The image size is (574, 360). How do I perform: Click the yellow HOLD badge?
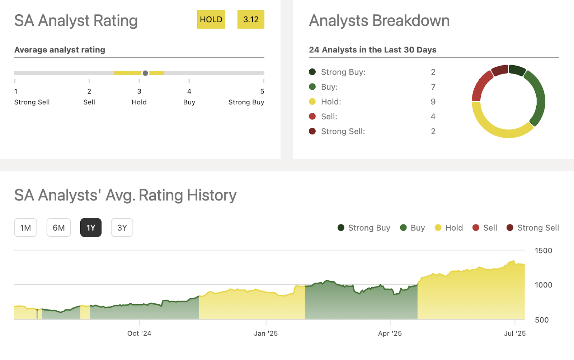click(211, 19)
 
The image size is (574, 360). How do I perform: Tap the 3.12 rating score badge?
click(251, 19)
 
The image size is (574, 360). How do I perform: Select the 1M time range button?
click(25, 228)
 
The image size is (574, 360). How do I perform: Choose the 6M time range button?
click(58, 228)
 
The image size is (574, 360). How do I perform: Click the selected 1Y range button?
click(91, 228)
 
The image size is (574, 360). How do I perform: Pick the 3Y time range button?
click(122, 228)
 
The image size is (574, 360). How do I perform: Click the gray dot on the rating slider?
click(145, 73)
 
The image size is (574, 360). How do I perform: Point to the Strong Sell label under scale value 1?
click(32, 102)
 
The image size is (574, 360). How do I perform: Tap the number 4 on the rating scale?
click(189, 91)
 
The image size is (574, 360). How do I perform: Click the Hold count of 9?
click(433, 102)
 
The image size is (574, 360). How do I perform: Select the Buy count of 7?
click(433, 87)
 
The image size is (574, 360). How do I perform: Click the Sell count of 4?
click(433, 117)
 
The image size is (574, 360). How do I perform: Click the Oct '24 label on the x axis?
click(139, 333)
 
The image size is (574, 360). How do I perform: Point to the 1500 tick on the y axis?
click(543, 251)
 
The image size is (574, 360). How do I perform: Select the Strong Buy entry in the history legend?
click(364, 228)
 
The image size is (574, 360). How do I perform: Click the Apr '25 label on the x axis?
click(390, 333)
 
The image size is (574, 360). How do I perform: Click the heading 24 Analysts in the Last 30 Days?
click(373, 50)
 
